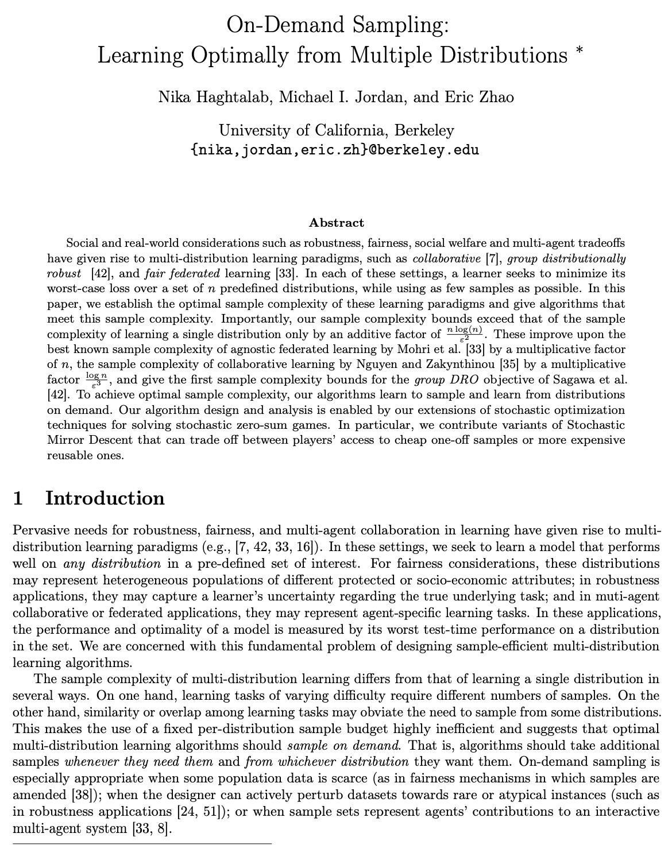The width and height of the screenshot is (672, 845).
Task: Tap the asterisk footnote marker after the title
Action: (579, 51)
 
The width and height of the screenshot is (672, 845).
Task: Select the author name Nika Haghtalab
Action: (214, 97)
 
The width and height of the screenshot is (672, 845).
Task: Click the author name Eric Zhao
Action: (479, 97)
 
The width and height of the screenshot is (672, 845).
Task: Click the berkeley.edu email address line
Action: (335, 150)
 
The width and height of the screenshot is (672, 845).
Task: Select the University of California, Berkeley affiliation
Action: (336, 131)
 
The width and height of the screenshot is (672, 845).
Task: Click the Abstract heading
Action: (336, 223)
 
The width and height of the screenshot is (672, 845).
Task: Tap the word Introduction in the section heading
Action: (105, 498)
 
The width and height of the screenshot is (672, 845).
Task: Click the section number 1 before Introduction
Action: (18, 498)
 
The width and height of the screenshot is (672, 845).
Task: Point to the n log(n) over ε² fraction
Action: (465, 334)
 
